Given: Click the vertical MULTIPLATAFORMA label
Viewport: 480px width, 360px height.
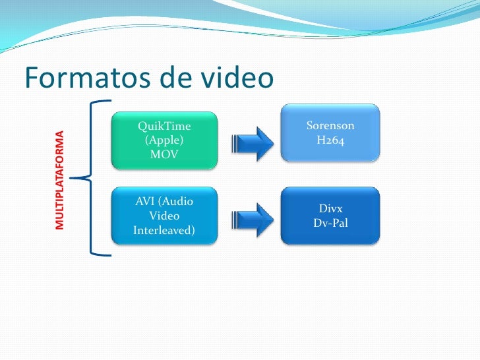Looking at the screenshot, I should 61,180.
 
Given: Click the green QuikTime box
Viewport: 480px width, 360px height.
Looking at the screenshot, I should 164,139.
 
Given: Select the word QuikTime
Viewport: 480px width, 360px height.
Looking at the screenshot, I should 164,125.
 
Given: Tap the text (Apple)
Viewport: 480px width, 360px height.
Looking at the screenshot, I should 164,140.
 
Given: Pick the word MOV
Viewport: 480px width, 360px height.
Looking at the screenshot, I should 164,154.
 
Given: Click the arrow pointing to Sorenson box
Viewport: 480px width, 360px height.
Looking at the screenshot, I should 255,140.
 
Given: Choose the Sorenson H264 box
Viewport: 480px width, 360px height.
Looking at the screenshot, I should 330,133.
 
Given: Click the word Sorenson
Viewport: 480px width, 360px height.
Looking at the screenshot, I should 330,125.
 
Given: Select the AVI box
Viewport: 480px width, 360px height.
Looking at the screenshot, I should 164,216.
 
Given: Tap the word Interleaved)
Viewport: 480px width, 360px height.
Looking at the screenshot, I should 164,230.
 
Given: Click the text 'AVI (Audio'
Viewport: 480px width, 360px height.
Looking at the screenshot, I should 164,201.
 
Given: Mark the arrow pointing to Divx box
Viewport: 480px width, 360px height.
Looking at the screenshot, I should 255,216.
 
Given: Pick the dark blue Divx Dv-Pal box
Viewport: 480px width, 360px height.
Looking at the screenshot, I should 330,216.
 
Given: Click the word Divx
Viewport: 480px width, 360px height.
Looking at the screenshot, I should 330,208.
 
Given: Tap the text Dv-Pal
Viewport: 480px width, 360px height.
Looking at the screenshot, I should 330,223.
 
